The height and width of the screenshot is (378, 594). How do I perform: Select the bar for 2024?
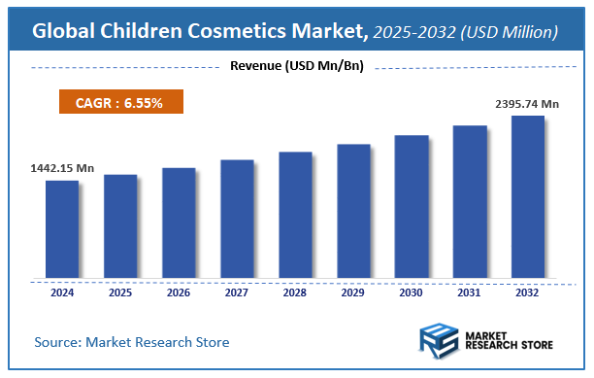(62, 229)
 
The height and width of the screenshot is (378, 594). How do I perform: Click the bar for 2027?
(237, 219)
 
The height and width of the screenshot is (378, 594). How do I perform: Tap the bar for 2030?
(412, 206)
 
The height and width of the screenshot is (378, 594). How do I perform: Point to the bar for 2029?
(353, 211)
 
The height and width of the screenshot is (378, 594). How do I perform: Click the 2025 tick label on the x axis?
(120, 292)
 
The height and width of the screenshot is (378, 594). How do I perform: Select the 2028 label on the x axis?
(295, 292)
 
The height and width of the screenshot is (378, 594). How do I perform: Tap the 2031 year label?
(470, 292)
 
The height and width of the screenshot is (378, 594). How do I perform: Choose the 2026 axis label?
(179, 292)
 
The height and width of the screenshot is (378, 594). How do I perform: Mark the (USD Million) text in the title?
(511, 32)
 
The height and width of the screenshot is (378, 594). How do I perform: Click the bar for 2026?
(179, 223)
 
